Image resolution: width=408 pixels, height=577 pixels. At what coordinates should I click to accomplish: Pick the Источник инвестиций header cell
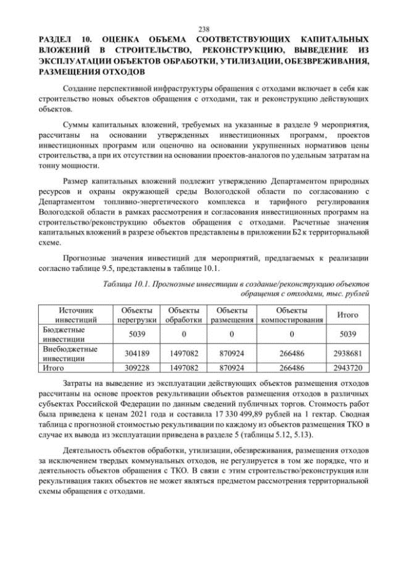tap(76, 314)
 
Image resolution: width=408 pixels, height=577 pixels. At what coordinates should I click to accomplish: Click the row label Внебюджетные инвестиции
tap(69, 354)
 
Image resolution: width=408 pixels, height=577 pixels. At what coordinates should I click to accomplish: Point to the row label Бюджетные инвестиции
tap(63, 334)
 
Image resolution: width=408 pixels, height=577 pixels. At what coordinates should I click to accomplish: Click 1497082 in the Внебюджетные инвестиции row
tap(184, 354)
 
